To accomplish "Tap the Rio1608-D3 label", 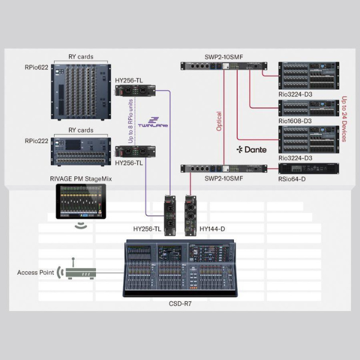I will [295, 122].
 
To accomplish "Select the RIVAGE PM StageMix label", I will [80, 179].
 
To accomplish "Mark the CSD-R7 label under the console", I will [180, 304].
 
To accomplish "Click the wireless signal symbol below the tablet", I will [80, 226].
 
